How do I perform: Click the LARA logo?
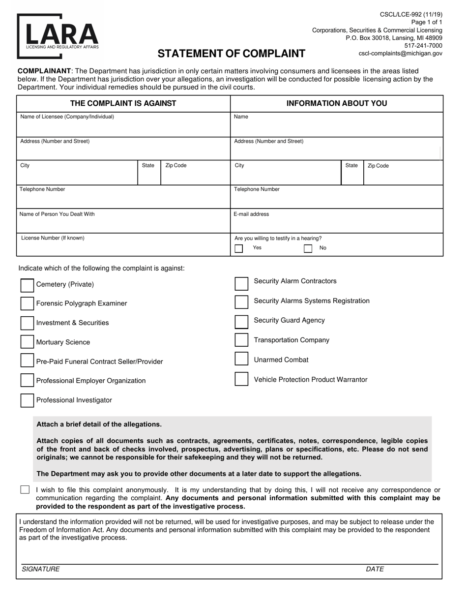point(58,35)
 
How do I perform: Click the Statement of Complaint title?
point(231,54)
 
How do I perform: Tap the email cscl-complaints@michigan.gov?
point(400,53)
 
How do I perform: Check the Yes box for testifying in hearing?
point(239,248)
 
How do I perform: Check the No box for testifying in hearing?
point(308,248)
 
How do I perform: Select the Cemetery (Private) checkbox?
point(27,285)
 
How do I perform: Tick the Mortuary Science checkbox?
point(27,342)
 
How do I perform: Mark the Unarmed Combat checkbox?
point(241,360)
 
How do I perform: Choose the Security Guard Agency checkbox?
point(241,321)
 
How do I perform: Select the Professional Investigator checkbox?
point(27,400)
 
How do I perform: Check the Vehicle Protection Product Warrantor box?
point(241,379)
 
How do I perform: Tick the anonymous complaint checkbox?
point(25,490)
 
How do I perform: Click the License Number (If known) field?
point(123,247)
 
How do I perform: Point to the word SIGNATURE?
point(40,569)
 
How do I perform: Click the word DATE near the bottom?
point(375,569)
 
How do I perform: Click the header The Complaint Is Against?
point(123,103)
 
